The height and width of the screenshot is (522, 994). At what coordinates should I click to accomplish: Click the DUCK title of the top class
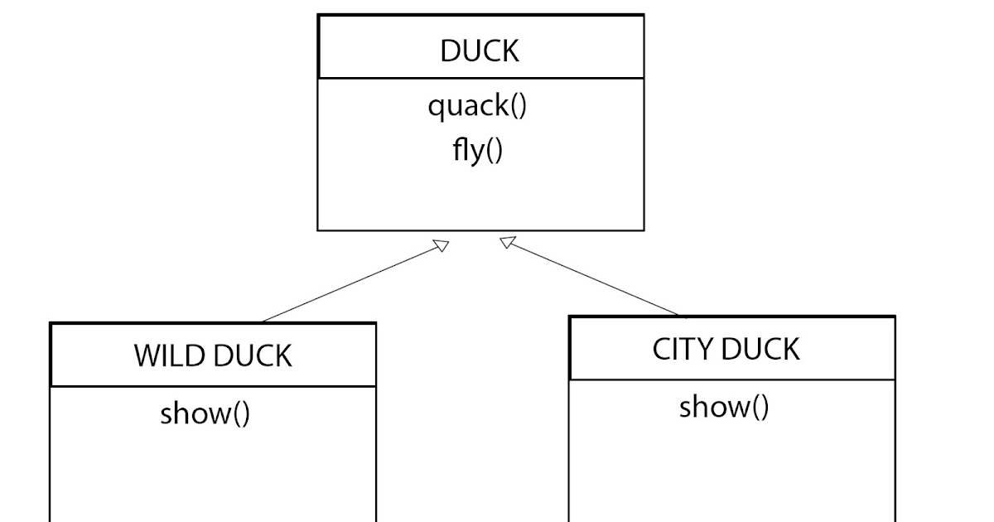pyautogui.click(x=480, y=51)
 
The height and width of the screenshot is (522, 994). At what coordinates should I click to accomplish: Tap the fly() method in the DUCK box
pyautogui.click(x=477, y=152)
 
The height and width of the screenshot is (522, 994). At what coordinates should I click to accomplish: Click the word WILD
pyautogui.click(x=169, y=356)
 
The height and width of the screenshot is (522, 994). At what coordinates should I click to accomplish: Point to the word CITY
pyautogui.click(x=683, y=350)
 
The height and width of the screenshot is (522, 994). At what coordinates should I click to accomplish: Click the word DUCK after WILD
pyautogui.click(x=253, y=356)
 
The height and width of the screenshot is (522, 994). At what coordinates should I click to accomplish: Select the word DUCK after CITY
pyautogui.click(x=763, y=350)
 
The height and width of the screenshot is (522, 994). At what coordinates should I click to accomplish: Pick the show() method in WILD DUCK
pyautogui.click(x=205, y=413)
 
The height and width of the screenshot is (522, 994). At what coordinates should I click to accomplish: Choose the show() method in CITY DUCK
pyautogui.click(x=724, y=407)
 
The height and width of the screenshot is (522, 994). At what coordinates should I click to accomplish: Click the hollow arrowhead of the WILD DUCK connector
pyautogui.click(x=441, y=246)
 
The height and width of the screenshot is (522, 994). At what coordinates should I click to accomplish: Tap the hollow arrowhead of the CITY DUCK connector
pyautogui.click(x=508, y=243)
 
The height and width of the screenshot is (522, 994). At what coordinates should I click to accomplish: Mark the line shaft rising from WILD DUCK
pyautogui.click(x=348, y=284)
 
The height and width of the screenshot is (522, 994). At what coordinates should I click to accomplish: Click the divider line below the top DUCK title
pyautogui.click(x=480, y=79)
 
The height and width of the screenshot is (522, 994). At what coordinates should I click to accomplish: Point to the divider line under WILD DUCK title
pyautogui.click(x=213, y=386)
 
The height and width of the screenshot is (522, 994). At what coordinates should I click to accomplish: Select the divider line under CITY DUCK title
pyautogui.click(x=732, y=379)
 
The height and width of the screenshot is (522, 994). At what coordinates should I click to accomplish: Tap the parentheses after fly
pyautogui.click(x=494, y=152)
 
